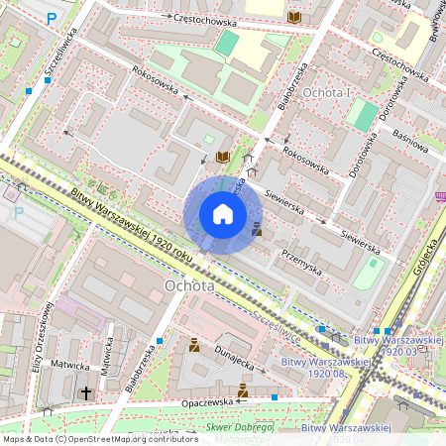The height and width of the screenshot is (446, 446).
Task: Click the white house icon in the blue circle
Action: coord(223,214)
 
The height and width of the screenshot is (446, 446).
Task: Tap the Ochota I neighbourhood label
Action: coord(327,92)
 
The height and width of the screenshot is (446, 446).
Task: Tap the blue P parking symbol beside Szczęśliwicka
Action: coord(52,17)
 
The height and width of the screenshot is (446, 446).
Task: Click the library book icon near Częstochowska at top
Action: coord(293,18)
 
